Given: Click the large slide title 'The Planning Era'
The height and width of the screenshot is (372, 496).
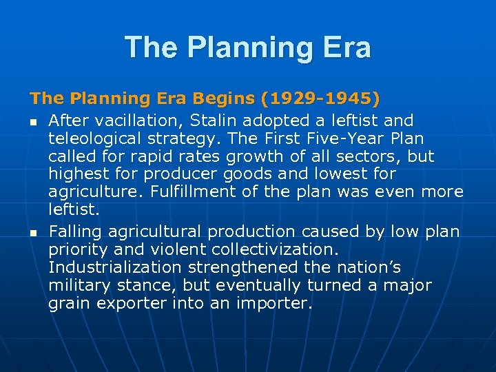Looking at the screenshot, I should click(248, 48).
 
